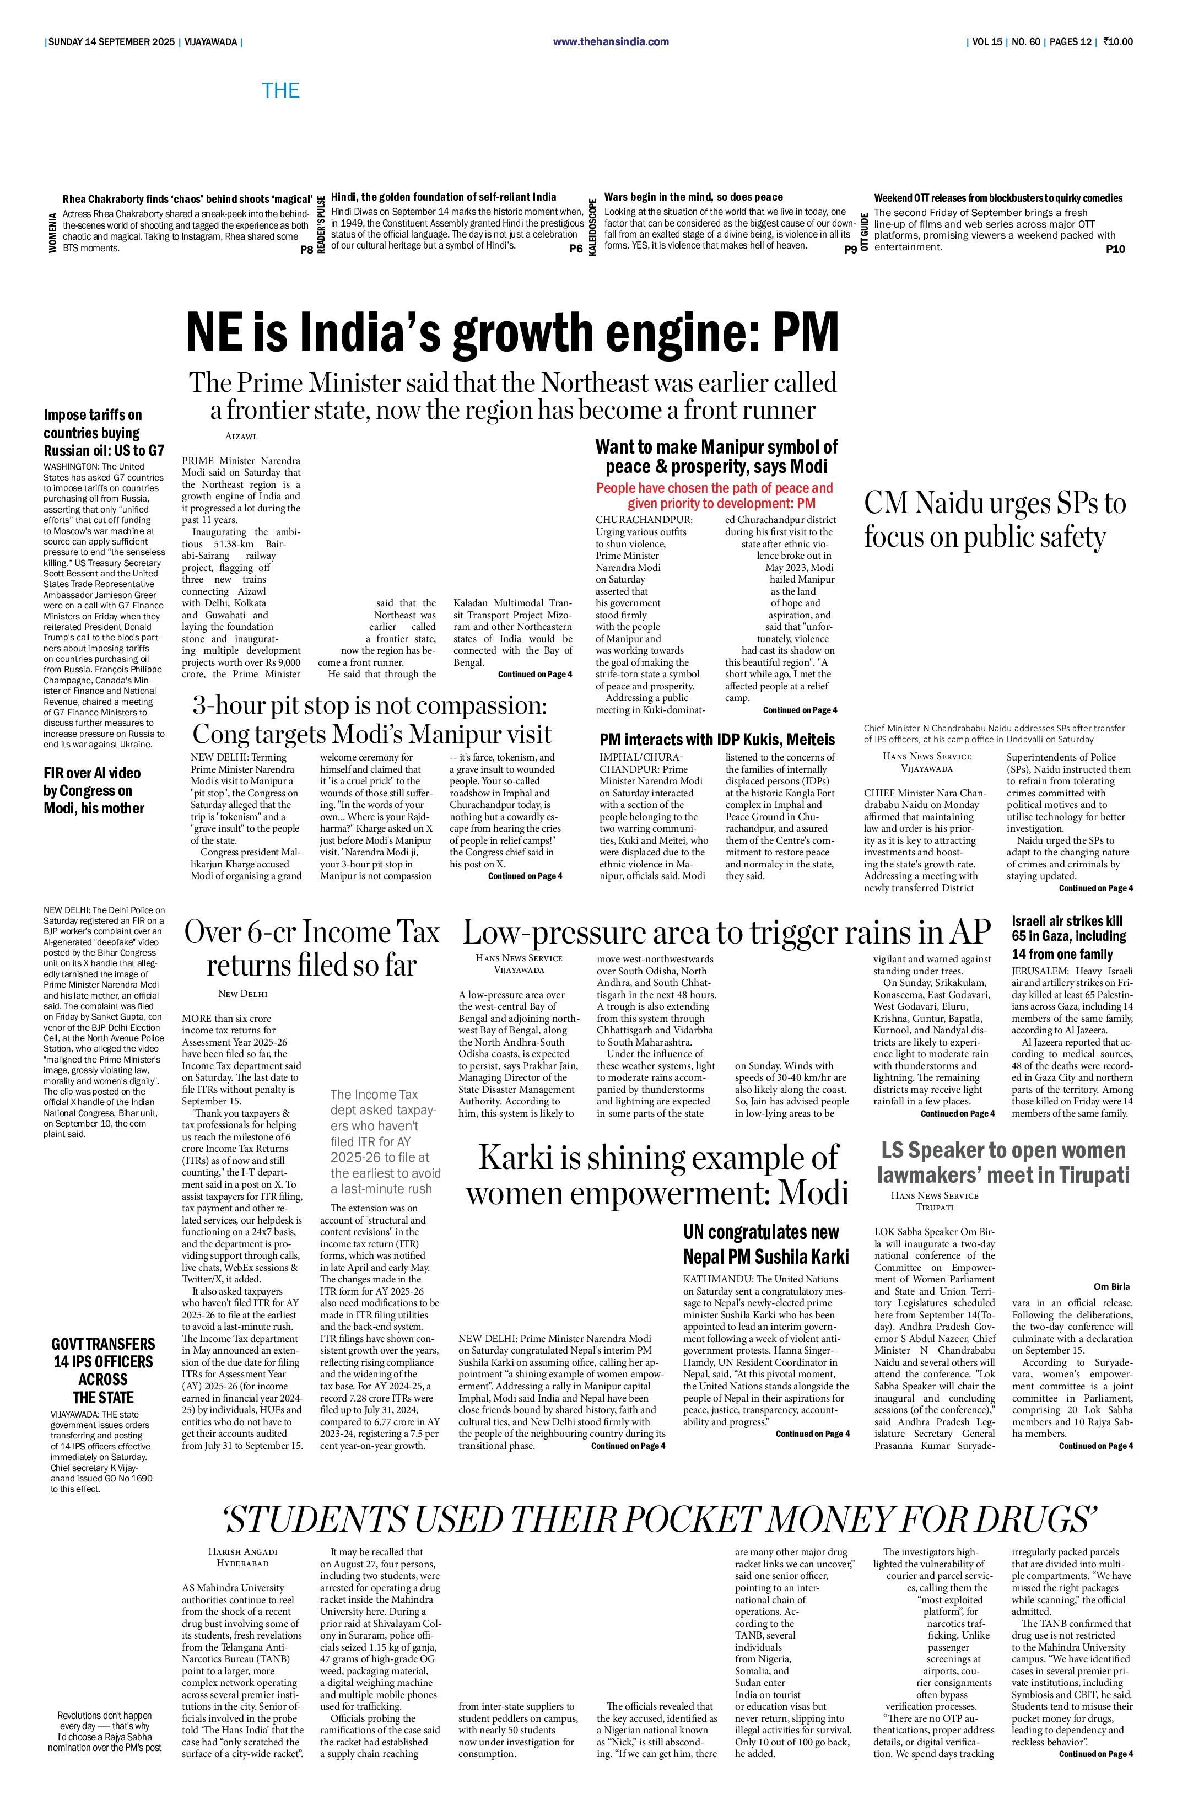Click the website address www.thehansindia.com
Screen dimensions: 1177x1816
pos(611,42)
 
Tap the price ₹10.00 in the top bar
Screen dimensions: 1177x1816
pos(1117,42)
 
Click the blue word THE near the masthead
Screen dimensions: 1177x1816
pos(280,91)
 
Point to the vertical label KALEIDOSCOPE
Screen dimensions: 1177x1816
pos(593,227)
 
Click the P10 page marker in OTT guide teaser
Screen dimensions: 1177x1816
pos(1115,249)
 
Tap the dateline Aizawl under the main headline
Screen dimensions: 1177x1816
pos(241,437)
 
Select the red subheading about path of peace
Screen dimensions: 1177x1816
pos(715,495)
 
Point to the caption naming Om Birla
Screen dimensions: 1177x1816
pos(1111,1286)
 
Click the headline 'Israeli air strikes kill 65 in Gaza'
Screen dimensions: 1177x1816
pos(1070,937)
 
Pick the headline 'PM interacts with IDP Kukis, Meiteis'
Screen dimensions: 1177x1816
pos(717,740)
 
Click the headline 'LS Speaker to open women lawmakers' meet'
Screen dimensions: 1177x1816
pos(1003,1162)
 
